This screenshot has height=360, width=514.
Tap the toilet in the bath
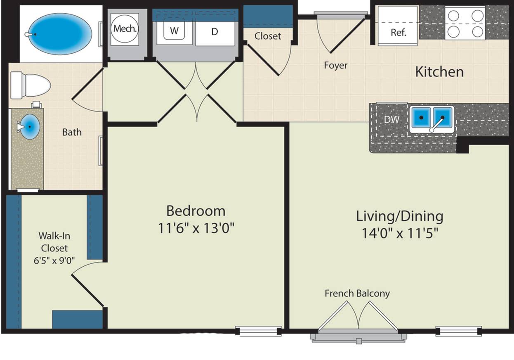[x=31, y=85]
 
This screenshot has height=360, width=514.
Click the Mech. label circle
[x=125, y=29]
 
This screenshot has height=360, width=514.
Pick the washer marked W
[x=174, y=31]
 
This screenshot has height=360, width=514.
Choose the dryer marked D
[x=215, y=32]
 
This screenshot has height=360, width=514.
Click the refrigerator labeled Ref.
[x=398, y=26]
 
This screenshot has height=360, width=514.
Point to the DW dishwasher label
[x=391, y=119]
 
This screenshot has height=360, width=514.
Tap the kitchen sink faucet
[x=437, y=124]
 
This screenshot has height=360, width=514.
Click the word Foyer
[x=335, y=65]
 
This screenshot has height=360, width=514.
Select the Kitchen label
[x=439, y=72]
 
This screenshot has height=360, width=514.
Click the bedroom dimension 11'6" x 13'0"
[x=196, y=228]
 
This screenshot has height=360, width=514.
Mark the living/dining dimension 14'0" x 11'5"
[x=400, y=233]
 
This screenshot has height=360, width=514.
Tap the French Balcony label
[x=357, y=294]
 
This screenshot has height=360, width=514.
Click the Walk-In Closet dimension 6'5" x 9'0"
[x=54, y=261]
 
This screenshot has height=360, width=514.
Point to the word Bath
[x=72, y=132]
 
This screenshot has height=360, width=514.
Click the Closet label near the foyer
[x=268, y=36]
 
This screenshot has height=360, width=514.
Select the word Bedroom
[x=196, y=211]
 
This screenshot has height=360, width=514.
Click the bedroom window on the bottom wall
[x=259, y=331]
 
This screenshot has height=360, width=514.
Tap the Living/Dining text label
[x=399, y=217]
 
